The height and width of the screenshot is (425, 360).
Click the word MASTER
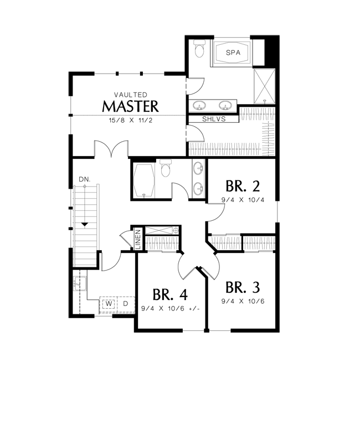tap(130, 106)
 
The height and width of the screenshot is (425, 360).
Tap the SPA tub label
tap(233, 53)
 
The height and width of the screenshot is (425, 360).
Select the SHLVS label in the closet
tap(214, 119)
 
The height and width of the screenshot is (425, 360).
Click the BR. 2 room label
tap(243, 186)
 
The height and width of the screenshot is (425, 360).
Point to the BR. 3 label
tap(243, 287)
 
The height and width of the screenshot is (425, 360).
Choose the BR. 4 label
tap(170, 294)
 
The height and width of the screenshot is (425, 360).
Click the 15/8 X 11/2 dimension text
tap(131, 120)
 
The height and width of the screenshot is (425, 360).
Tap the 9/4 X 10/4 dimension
tap(243, 200)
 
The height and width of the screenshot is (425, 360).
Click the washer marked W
tap(109, 304)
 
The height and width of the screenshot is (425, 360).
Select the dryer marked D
tap(125, 304)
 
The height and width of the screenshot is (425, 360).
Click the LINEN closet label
tap(138, 239)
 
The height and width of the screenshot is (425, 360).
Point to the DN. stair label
tap(84, 179)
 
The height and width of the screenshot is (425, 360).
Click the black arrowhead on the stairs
tap(85, 225)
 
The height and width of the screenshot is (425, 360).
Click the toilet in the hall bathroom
tap(166, 168)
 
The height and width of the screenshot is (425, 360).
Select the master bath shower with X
tap(265, 86)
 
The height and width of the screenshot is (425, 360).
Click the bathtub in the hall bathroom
tap(144, 180)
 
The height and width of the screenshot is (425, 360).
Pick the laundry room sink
tap(80, 283)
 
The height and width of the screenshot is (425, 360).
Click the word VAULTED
tap(131, 95)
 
